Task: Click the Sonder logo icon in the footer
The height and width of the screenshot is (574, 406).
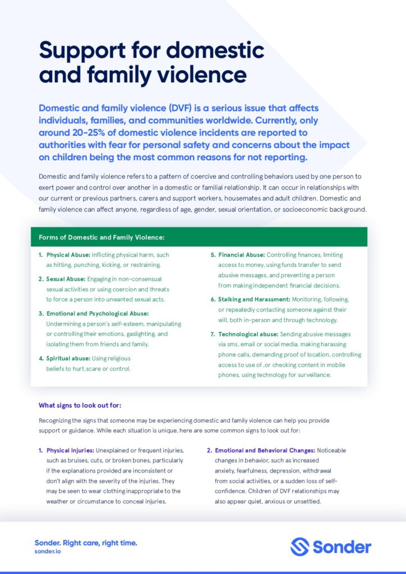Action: coord(300,547)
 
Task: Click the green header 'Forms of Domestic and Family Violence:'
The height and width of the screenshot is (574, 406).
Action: coord(101,237)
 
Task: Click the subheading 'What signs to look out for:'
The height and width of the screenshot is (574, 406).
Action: coord(80,405)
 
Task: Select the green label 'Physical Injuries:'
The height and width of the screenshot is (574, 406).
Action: coord(70,450)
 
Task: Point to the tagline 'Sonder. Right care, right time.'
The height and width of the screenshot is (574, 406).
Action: coord(86,543)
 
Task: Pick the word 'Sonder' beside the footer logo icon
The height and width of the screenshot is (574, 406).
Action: coord(341,547)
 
